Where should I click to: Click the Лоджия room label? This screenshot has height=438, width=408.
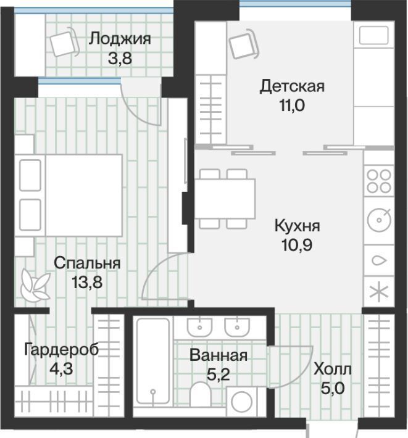[x=120, y=39]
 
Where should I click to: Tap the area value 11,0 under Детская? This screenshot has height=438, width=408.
[x=292, y=105]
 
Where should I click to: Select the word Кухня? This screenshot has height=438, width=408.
[x=297, y=226]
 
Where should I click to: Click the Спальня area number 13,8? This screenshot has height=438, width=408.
[x=87, y=282]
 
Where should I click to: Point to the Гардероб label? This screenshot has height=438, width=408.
[x=62, y=350]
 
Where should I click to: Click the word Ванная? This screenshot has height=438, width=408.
[x=219, y=355]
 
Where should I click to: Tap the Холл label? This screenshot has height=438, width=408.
[x=333, y=370]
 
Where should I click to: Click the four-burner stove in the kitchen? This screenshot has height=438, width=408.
[x=379, y=181]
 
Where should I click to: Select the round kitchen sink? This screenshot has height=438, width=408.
[x=379, y=220]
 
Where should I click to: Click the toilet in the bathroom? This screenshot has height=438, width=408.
[x=200, y=394]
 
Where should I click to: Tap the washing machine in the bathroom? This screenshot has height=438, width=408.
[x=242, y=402]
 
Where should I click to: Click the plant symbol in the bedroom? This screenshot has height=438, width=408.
[x=35, y=285]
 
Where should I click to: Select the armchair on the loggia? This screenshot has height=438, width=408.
[x=65, y=43]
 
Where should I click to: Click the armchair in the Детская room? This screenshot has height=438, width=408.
[x=244, y=44]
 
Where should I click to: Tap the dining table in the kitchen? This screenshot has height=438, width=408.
[x=225, y=199]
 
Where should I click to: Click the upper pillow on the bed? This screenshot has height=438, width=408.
[x=30, y=175]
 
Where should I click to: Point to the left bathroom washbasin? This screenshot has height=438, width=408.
[x=199, y=327]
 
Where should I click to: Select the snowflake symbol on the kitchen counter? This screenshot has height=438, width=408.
[x=379, y=292]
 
